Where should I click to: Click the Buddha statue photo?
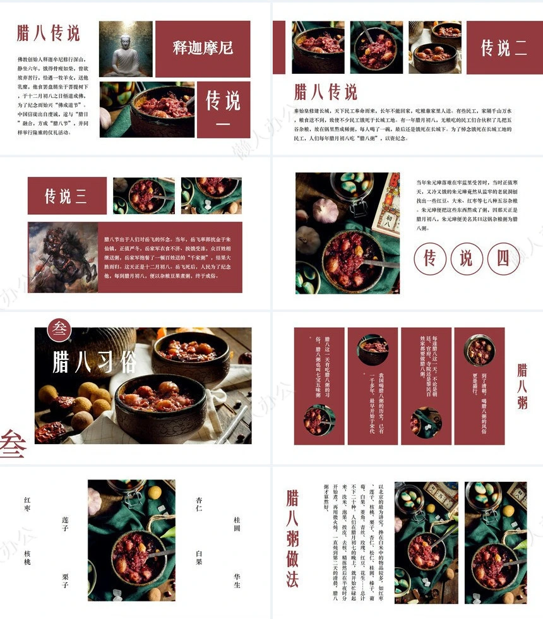[125, 49]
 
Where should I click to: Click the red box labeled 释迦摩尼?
[203, 48]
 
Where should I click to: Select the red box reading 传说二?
[503, 47]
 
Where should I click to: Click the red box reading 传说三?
[67, 196]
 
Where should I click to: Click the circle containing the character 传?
[431, 258]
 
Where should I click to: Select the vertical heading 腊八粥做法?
[292, 539]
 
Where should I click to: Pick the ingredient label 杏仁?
[199, 503]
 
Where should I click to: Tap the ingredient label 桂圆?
[237, 524]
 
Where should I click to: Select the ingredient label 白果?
[199, 558]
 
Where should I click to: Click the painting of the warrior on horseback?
[63, 257]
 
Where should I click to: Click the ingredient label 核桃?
[27, 558]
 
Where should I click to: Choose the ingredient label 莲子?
[65, 524]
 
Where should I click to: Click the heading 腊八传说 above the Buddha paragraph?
[49, 33]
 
